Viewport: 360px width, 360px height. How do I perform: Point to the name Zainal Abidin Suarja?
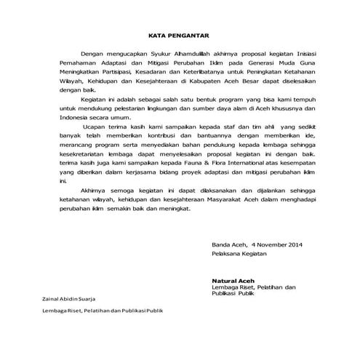tap(68, 300)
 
